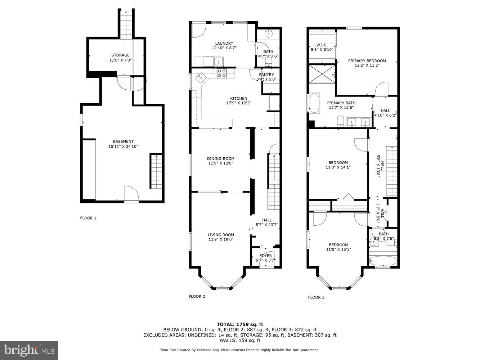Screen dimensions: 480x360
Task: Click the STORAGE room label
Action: (120, 55)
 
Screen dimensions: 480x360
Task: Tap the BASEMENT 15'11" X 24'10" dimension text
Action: (124, 147)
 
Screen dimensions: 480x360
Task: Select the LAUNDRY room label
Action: (224, 43)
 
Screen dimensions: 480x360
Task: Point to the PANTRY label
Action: (266, 75)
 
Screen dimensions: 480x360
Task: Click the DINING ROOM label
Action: (221, 158)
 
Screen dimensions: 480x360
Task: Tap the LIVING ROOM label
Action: (221, 235)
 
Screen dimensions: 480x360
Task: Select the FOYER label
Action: (266, 256)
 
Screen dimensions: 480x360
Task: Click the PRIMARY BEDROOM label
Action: (367, 61)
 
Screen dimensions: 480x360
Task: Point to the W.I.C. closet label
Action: (322, 45)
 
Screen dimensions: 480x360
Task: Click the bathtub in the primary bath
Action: (315, 103)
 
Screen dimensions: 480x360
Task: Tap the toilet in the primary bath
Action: (341, 121)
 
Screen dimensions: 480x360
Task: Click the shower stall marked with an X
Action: (322, 74)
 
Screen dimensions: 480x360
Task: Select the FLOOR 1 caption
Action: (88, 218)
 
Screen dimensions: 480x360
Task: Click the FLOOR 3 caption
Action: (316, 297)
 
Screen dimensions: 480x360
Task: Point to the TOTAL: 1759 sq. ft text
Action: (240, 324)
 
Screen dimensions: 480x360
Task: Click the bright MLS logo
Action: (29, 350)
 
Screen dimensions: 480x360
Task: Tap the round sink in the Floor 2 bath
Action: (268, 34)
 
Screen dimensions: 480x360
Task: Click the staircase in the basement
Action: (156, 171)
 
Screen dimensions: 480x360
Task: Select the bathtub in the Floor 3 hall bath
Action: (383, 261)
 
